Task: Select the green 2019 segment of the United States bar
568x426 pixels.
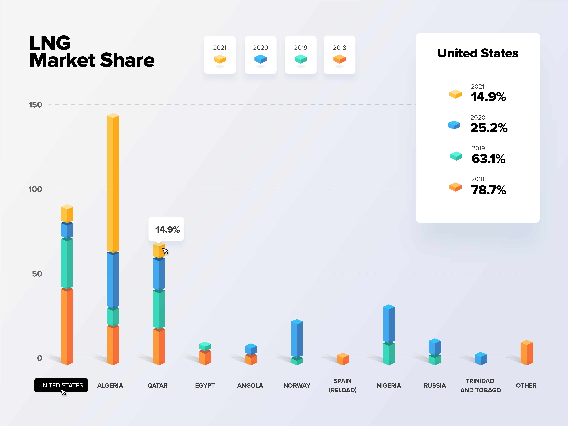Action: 67,263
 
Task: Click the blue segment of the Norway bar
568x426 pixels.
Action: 297,338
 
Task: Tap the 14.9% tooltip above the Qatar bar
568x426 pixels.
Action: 166,229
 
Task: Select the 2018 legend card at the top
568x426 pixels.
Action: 340,55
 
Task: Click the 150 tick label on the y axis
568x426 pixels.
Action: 35,105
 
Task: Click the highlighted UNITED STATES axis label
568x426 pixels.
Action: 61,385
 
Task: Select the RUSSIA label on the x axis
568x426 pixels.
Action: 435,385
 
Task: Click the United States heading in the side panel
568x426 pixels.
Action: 478,53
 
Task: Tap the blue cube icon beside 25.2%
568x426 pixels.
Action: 454,125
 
